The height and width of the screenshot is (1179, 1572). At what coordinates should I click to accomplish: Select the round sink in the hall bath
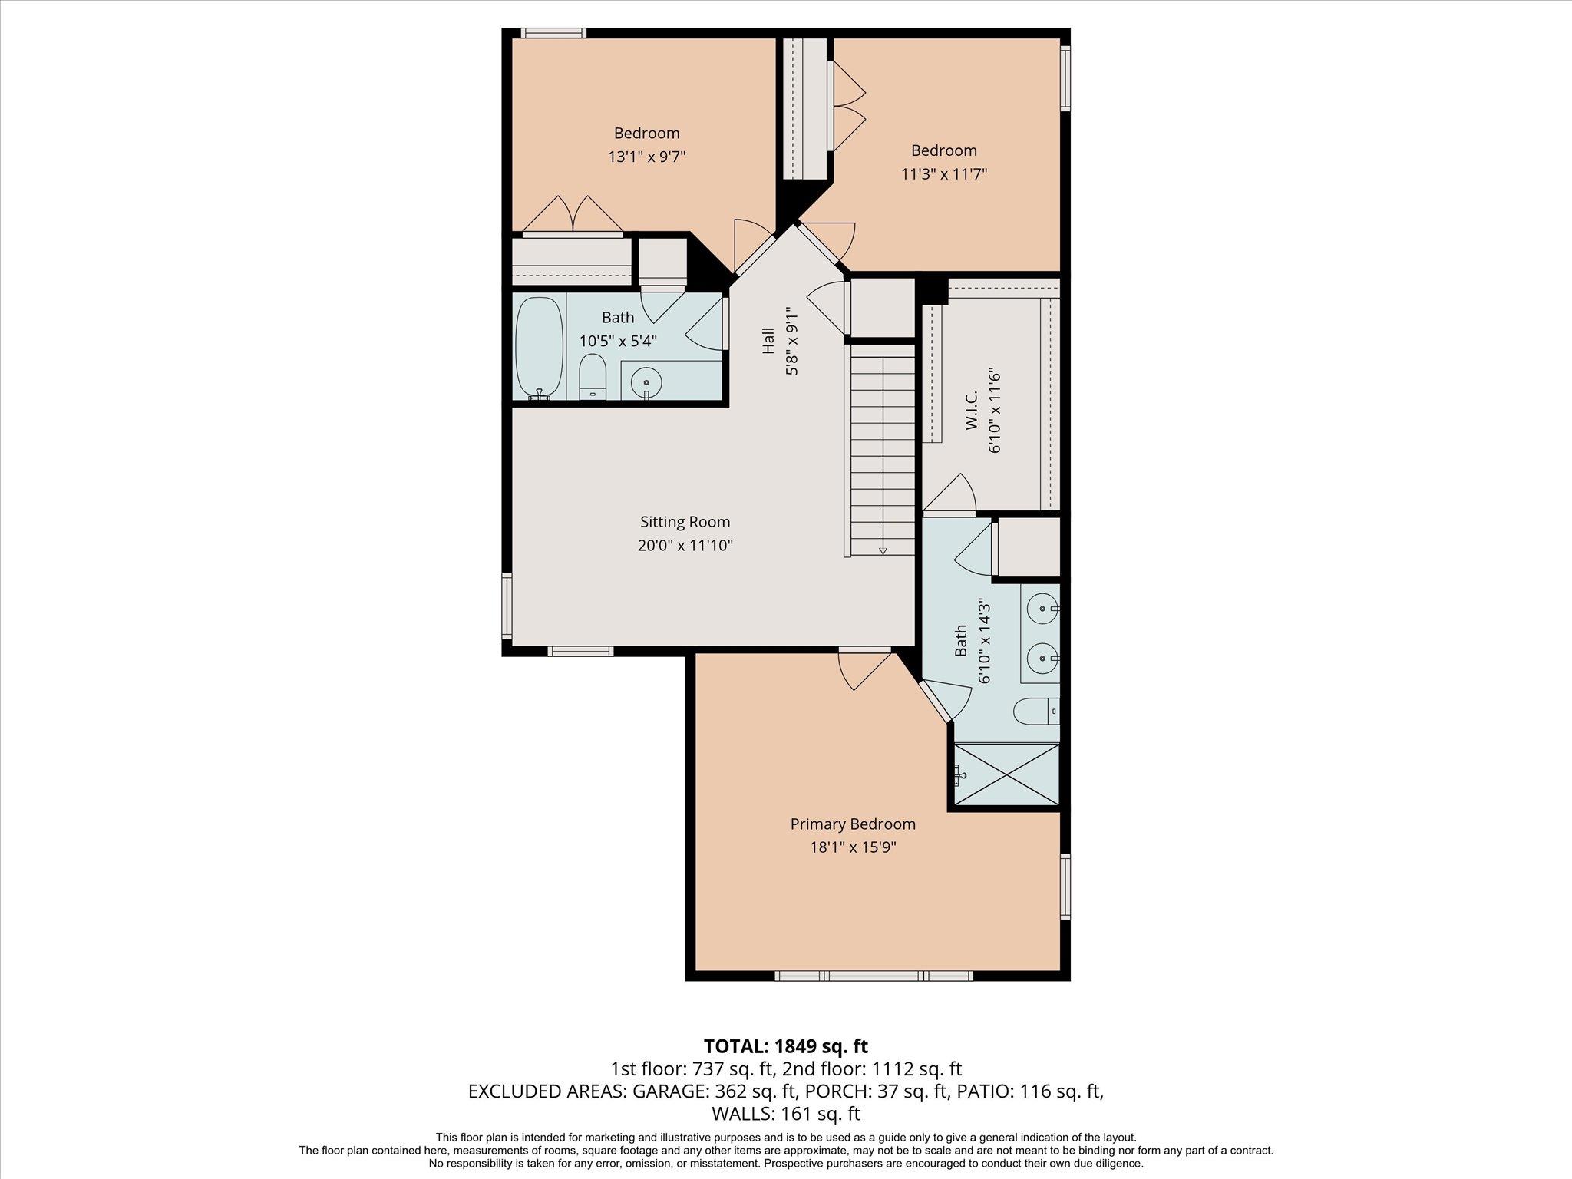(x=647, y=381)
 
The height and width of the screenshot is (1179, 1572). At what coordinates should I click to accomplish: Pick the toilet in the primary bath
(x=1036, y=712)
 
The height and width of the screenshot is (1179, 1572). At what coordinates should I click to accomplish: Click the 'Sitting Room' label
(x=685, y=522)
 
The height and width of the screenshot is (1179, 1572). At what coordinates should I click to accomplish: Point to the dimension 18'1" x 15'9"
(x=853, y=847)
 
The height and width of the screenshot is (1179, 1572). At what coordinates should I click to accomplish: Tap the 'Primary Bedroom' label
(x=853, y=824)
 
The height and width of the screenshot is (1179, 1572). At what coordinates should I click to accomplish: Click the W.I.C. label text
(x=971, y=411)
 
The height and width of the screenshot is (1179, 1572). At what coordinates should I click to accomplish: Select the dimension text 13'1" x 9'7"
(x=646, y=157)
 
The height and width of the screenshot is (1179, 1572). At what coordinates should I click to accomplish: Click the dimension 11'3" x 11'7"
(x=943, y=173)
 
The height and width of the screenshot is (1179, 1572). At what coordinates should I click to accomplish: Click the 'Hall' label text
(x=768, y=342)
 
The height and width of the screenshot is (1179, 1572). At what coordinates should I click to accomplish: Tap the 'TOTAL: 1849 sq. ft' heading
(x=785, y=1045)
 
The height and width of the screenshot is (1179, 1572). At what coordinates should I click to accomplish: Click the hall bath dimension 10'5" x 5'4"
(x=618, y=341)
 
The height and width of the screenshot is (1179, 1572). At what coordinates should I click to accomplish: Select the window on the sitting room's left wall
(x=507, y=605)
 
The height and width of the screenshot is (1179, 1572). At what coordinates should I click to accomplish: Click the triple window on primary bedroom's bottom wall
(x=874, y=976)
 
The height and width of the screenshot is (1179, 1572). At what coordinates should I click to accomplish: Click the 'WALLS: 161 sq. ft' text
(x=785, y=1114)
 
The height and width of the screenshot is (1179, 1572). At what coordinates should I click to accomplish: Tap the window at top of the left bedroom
(x=553, y=33)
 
